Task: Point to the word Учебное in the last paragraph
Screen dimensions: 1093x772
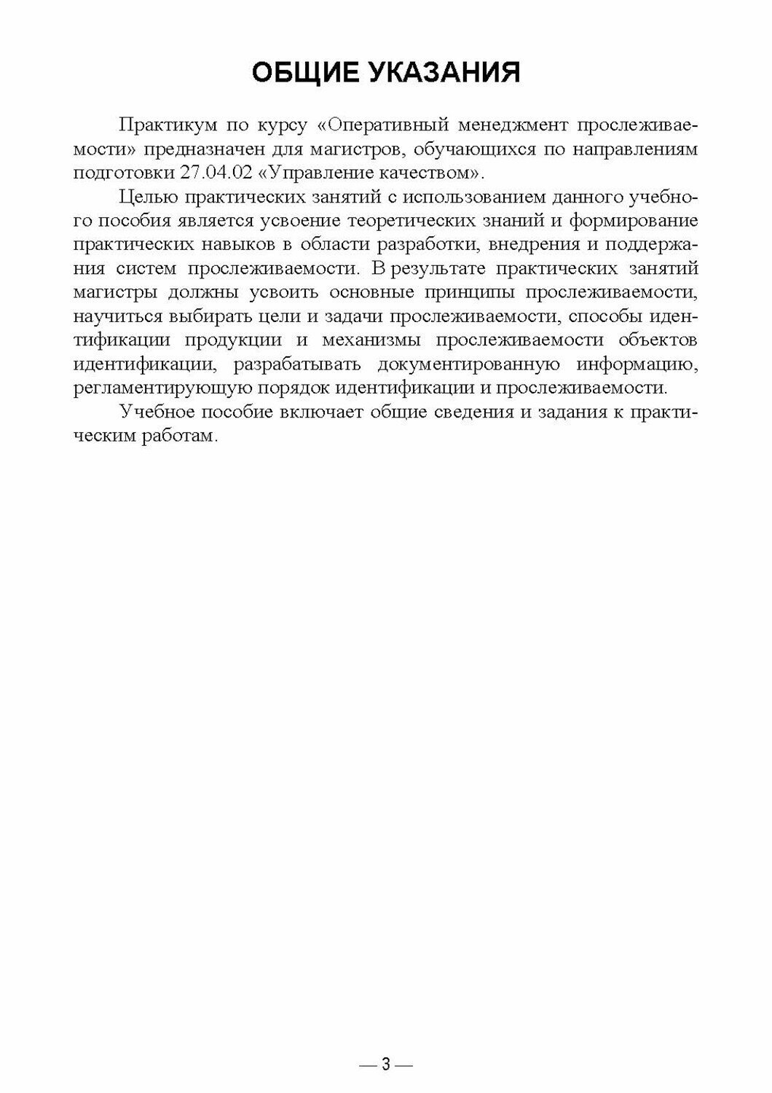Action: [x=157, y=412]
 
